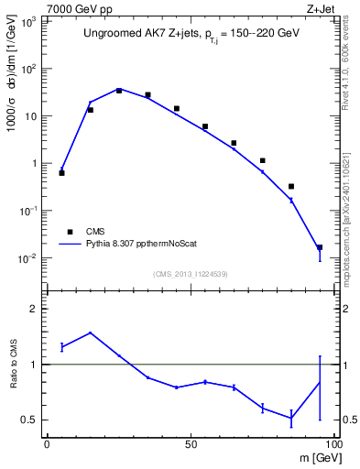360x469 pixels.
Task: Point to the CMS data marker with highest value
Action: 119,91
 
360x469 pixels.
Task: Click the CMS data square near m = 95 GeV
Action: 320,247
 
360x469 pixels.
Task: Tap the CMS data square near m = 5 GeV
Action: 61,172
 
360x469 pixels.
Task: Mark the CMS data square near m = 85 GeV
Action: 291,187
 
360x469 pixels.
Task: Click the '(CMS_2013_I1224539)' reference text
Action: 190,274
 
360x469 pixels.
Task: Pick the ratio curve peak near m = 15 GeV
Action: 90,333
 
